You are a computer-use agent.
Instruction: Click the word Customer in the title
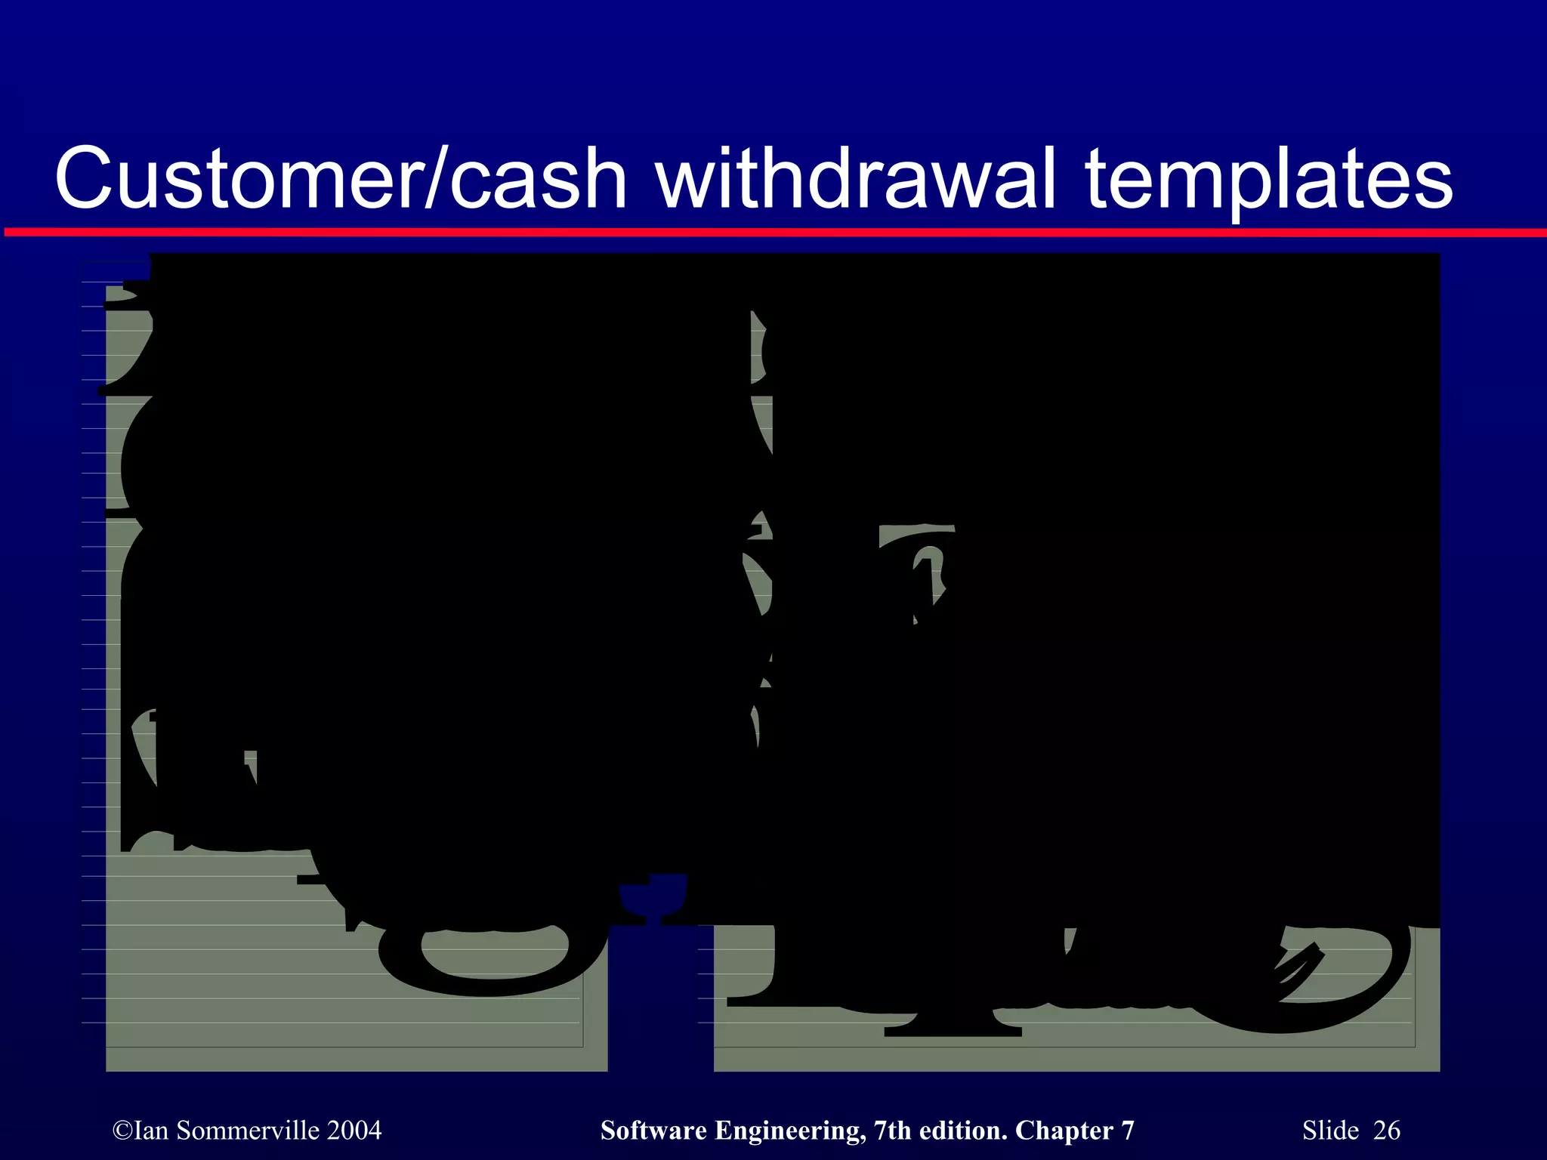point(239,179)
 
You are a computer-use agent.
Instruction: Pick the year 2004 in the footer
point(355,1131)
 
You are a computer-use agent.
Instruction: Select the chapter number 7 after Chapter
point(1127,1131)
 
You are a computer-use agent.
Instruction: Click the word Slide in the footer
point(1330,1131)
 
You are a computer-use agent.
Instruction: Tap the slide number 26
point(1386,1131)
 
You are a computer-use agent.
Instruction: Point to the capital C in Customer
point(85,179)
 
